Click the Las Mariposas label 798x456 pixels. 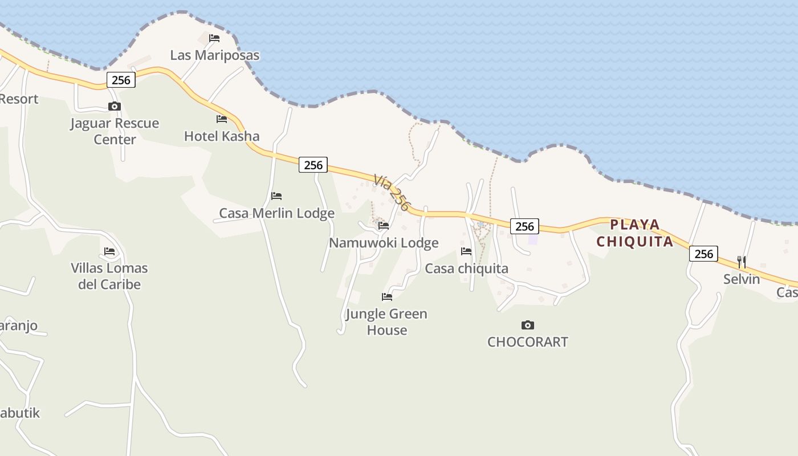click(215, 55)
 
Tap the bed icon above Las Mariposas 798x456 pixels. click(214, 38)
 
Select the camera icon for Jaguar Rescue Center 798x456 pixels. click(115, 107)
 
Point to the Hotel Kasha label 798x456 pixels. click(222, 136)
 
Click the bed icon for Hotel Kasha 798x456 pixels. click(222, 119)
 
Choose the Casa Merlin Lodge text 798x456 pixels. click(276, 213)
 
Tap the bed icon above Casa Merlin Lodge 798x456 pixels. click(276, 196)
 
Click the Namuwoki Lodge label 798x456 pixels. click(384, 243)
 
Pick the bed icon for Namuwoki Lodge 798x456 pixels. click(384, 226)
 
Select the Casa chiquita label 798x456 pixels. click(466, 268)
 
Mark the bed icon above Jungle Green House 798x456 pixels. click(387, 297)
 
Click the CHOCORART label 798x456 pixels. click(528, 342)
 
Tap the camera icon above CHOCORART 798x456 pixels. click(528, 325)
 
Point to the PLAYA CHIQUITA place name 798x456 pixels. click(635, 233)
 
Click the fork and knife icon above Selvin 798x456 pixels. click(742, 262)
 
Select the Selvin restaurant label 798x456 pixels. click(742, 279)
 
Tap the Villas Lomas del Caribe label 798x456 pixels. click(109, 276)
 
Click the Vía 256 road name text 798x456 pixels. click(392, 193)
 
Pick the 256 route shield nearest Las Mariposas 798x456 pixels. click(121, 80)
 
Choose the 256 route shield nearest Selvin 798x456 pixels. click(703, 254)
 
